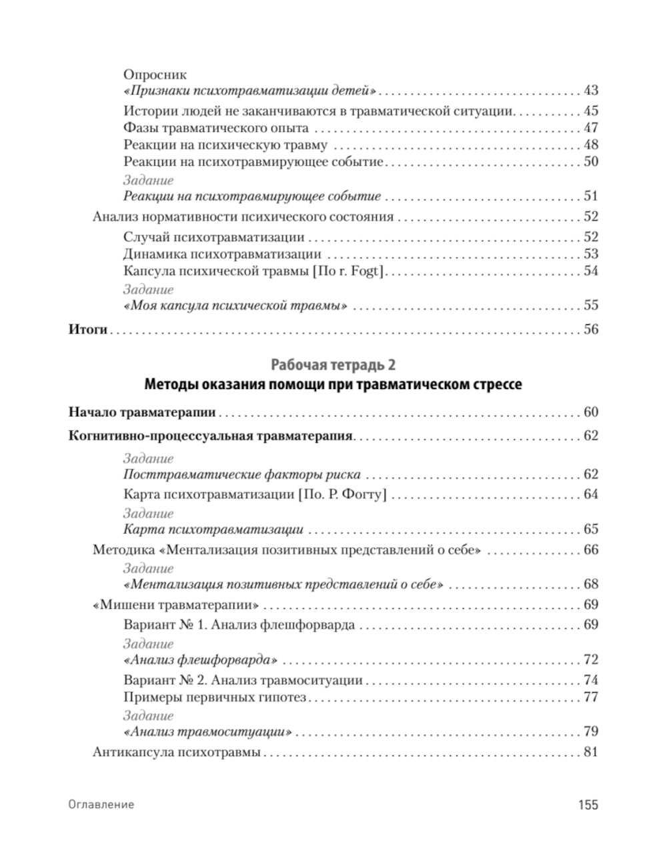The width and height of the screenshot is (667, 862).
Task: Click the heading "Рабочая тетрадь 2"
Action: [333, 364]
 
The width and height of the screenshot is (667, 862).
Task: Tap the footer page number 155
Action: [588, 805]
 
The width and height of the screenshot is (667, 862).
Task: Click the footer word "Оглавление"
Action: [101, 805]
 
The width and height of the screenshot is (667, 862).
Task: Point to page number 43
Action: [590, 91]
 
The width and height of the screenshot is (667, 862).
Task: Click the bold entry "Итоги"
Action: [88, 330]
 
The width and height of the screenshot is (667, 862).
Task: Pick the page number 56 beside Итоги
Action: [590, 330]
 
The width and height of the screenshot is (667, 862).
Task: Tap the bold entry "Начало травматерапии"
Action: [142, 412]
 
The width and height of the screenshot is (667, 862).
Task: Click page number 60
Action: [590, 412]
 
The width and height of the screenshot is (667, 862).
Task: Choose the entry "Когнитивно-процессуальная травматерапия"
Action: [210, 436]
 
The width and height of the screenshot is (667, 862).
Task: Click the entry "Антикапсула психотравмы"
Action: [177, 753]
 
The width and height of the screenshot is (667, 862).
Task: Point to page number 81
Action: [590, 753]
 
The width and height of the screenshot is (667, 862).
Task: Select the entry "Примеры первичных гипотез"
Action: [215, 697]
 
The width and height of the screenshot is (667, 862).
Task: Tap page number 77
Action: [590, 697]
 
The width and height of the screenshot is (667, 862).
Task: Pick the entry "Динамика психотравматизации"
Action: [222, 254]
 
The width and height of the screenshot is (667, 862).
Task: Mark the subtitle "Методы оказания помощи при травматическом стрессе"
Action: [333, 385]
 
